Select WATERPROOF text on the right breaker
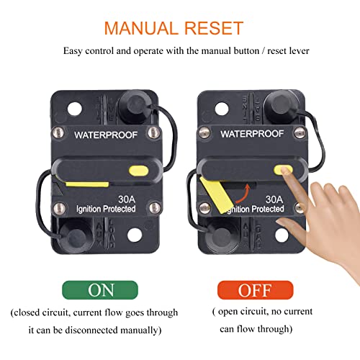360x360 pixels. coord(251,134)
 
